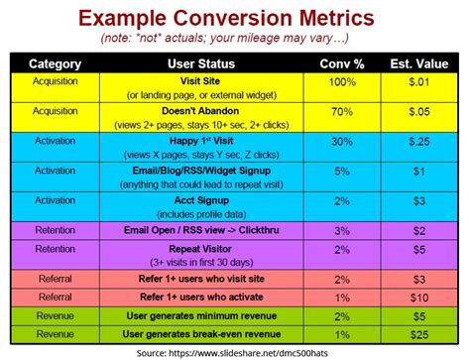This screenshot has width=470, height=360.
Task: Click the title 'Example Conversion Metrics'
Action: click(235, 17)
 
